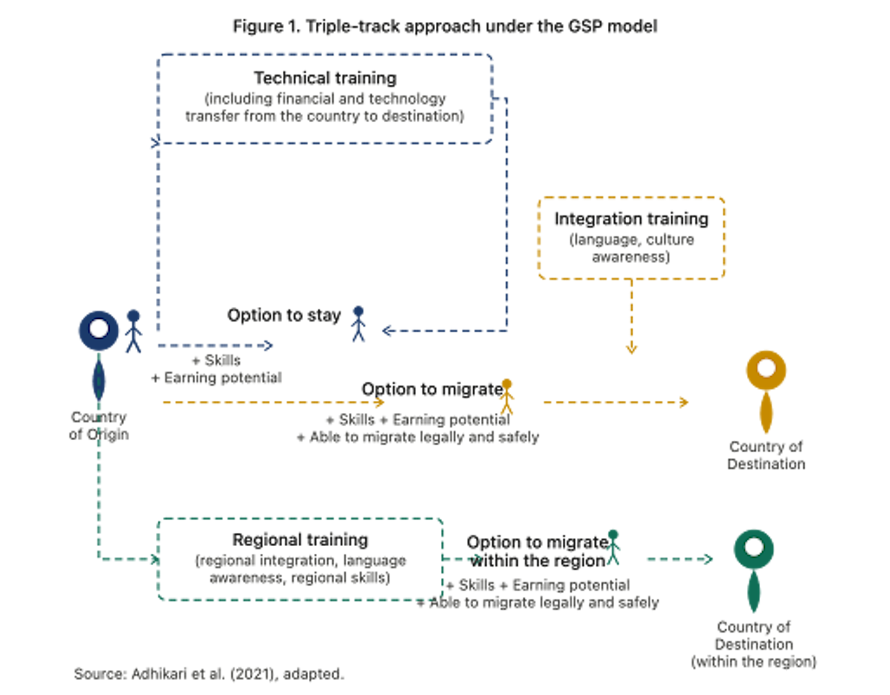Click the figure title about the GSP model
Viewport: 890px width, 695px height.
point(445,26)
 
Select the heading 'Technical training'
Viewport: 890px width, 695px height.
point(325,78)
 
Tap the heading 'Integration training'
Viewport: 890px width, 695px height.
point(631,219)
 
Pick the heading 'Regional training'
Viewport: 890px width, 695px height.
point(300,540)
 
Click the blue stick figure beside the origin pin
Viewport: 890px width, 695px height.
point(133,331)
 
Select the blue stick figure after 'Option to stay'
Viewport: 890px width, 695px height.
point(358,324)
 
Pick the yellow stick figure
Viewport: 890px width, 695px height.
point(507,397)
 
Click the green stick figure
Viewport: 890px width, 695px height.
point(613,547)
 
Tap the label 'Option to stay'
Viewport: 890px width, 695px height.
point(284,315)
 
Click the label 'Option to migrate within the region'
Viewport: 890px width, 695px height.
point(538,551)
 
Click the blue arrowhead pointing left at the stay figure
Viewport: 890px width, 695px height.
point(388,331)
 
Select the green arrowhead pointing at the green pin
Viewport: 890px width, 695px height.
point(708,559)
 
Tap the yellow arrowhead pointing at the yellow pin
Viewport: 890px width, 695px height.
point(684,402)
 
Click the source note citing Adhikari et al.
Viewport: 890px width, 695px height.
point(209,674)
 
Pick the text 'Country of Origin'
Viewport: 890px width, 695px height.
point(99,425)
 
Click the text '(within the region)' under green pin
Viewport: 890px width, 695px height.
point(754,661)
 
